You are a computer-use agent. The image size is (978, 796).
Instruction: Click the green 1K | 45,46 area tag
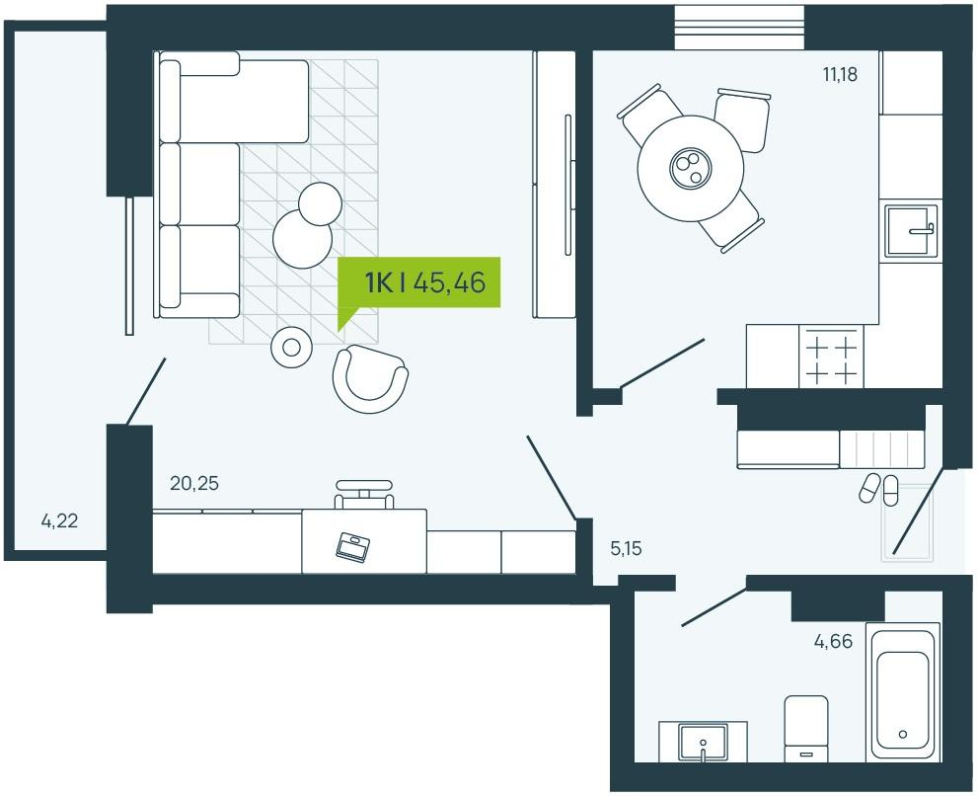click(418, 282)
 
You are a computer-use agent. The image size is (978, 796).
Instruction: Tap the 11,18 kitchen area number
click(840, 74)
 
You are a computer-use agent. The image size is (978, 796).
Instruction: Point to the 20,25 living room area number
click(194, 483)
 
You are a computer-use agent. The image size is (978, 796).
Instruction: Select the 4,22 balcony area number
click(60, 520)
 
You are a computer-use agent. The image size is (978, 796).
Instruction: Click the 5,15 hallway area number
click(626, 549)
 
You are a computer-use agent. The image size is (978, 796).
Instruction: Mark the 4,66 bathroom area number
click(833, 641)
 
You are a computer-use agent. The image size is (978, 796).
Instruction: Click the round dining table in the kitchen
click(691, 168)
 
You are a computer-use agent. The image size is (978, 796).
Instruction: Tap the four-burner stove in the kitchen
click(831, 358)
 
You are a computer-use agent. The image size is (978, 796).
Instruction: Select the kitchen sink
click(911, 231)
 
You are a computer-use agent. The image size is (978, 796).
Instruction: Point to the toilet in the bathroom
click(806, 729)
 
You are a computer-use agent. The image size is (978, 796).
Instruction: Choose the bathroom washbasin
click(703, 742)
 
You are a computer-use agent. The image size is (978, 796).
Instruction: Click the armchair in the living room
click(370, 379)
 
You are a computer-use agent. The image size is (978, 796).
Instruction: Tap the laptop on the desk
click(352, 545)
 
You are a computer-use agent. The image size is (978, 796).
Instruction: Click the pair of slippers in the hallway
click(879, 488)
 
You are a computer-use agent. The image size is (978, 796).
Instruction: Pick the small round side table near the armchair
click(291, 347)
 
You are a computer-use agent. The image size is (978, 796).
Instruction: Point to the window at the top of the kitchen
click(739, 28)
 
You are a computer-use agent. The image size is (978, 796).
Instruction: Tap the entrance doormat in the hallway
click(907, 521)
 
